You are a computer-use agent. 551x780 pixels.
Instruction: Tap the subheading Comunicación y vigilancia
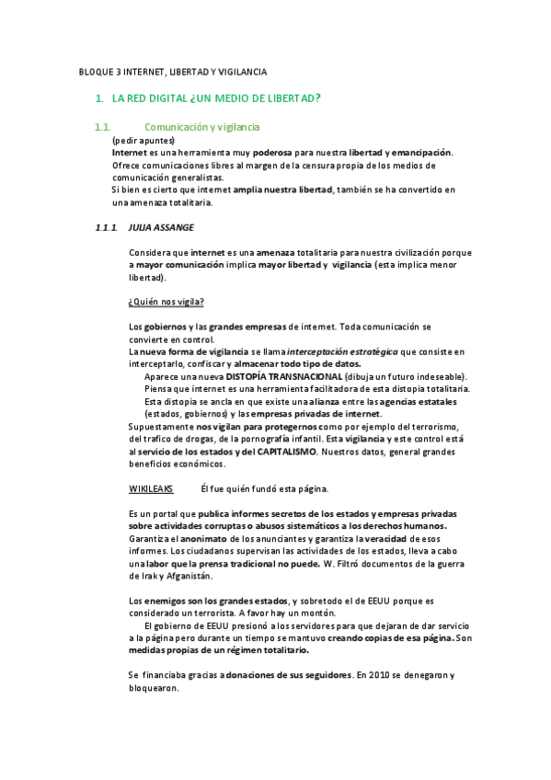(x=202, y=126)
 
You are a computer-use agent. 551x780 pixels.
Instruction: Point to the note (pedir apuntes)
(x=143, y=140)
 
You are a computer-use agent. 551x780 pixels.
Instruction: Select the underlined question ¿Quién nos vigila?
(x=166, y=302)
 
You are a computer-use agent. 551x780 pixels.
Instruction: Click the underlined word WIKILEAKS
(x=150, y=487)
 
